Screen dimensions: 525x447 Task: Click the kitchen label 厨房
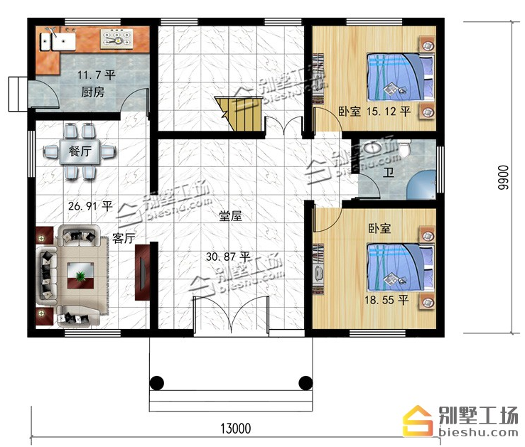point(93,92)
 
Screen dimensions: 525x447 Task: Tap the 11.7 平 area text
point(97,75)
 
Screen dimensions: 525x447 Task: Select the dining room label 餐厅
point(80,151)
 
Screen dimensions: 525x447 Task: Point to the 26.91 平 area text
point(90,205)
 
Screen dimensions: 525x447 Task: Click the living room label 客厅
point(124,238)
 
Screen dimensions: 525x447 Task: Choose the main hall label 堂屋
point(230,216)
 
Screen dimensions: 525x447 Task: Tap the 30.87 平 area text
point(228,257)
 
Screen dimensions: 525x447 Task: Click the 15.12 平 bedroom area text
point(389,111)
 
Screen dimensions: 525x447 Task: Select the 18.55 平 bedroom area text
point(386,300)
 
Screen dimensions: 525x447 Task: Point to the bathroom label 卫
point(389,173)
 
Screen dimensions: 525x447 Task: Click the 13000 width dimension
point(235,429)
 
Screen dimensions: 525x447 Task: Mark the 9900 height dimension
point(502,178)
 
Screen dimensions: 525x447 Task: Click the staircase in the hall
point(239,114)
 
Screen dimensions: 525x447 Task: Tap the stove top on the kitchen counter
point(117,38)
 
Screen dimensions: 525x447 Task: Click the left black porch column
point(157,383)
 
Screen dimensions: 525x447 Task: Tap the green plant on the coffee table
point(80,276)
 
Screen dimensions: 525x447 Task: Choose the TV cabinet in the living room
point(142,272)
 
